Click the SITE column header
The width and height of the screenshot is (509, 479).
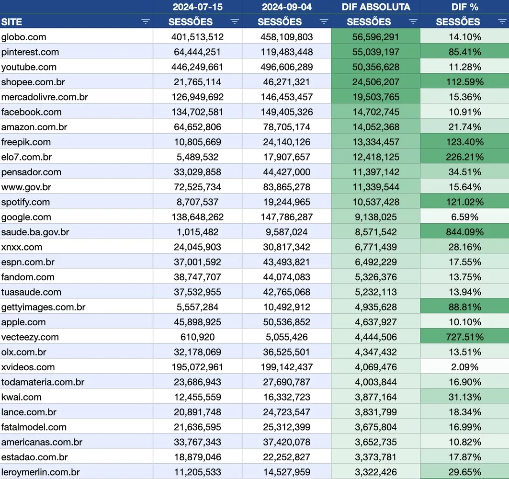[x=12, y=22]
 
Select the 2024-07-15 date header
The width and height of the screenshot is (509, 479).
[x=197, y=7]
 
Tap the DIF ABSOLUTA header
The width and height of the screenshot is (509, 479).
[x=376, y=7]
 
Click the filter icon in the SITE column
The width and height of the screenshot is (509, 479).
[x=146, y=22]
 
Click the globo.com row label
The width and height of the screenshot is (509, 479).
[x=24, y=37]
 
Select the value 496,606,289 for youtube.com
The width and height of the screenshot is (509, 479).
[x=286, y=67]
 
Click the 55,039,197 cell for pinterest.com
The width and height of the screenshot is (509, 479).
[x=375, y=52]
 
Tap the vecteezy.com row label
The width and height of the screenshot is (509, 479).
[x=30, y=337]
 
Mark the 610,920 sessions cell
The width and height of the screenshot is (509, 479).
[x=197, y=337]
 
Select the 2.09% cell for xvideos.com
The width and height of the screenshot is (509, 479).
[x=464, y=367]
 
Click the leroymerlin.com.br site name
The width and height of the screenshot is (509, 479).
[x=41, y=472]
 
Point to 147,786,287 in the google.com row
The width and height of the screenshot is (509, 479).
[x=286, y=217]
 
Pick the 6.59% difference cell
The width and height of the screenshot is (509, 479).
[x=464, y=217]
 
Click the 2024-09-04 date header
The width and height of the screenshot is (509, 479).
[x=286, y=7]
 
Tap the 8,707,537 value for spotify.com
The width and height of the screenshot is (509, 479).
[x=197, y=202]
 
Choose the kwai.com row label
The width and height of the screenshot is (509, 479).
[x=22, y=397]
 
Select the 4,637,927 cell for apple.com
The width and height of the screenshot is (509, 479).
[x=375, y=322]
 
